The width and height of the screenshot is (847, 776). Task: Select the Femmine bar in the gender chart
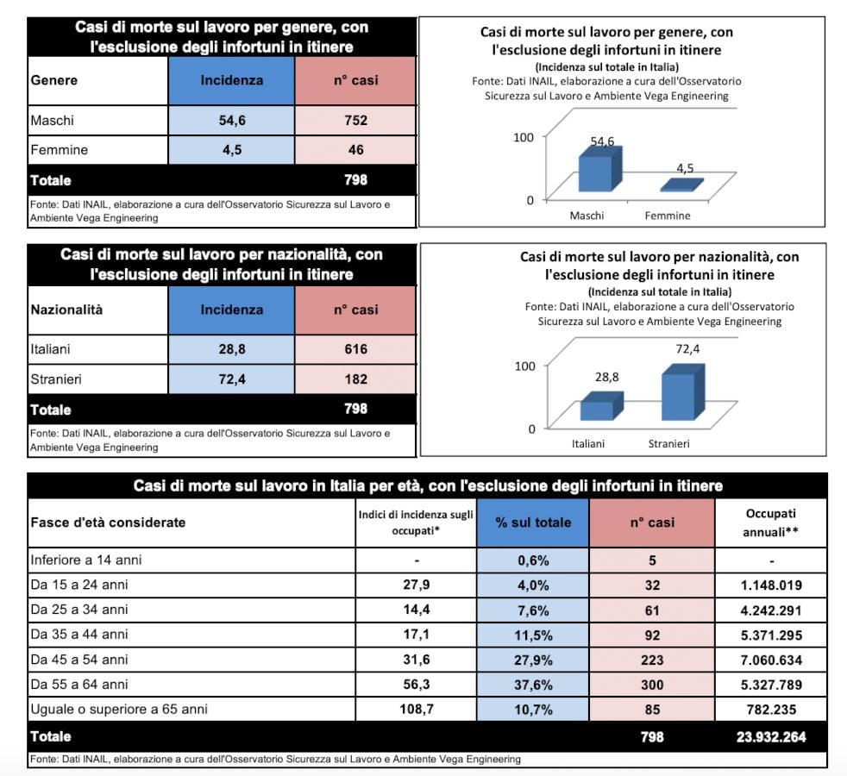681,185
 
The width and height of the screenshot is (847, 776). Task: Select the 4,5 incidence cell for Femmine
232,150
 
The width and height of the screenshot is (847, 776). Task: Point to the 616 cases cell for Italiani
354,349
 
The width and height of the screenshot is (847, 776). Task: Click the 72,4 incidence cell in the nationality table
232,379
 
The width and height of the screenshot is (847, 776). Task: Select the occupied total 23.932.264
772,737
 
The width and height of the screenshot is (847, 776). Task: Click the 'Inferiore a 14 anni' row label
86,560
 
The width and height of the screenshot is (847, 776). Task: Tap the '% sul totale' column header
533,523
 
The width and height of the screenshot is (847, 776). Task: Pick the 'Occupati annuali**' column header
772,523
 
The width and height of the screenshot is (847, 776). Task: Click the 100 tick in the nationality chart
525,366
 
